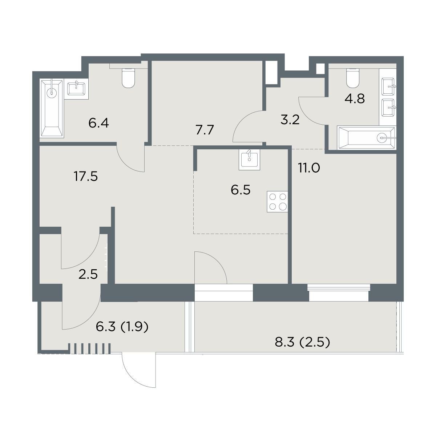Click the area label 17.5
click(x=85, y=177)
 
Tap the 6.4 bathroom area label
click(x=99, y=123)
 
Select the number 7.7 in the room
click(x=205, y=130)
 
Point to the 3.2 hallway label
click(x=290, y=120)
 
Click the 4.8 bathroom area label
click(x=355, y=99)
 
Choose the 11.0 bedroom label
click(x=309, y=168)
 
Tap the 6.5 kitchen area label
click(x=241, y=190)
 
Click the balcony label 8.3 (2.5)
click(x=303, y=342)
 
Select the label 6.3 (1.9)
click(x=122, y=327)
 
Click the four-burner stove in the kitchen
click(x=277, y=202)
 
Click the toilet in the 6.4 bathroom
click(x=128, y=78)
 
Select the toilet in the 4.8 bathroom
click(x=353, y=78)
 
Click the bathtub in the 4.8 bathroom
click(x=367, y=138)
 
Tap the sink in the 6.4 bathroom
click(x=76, y=89)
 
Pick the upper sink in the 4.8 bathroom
click(x=388, y=87)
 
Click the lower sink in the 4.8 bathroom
click(x=388, y=108)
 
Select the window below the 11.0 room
click(x=339, y=293)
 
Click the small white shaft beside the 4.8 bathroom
click(x=320, y=69)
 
